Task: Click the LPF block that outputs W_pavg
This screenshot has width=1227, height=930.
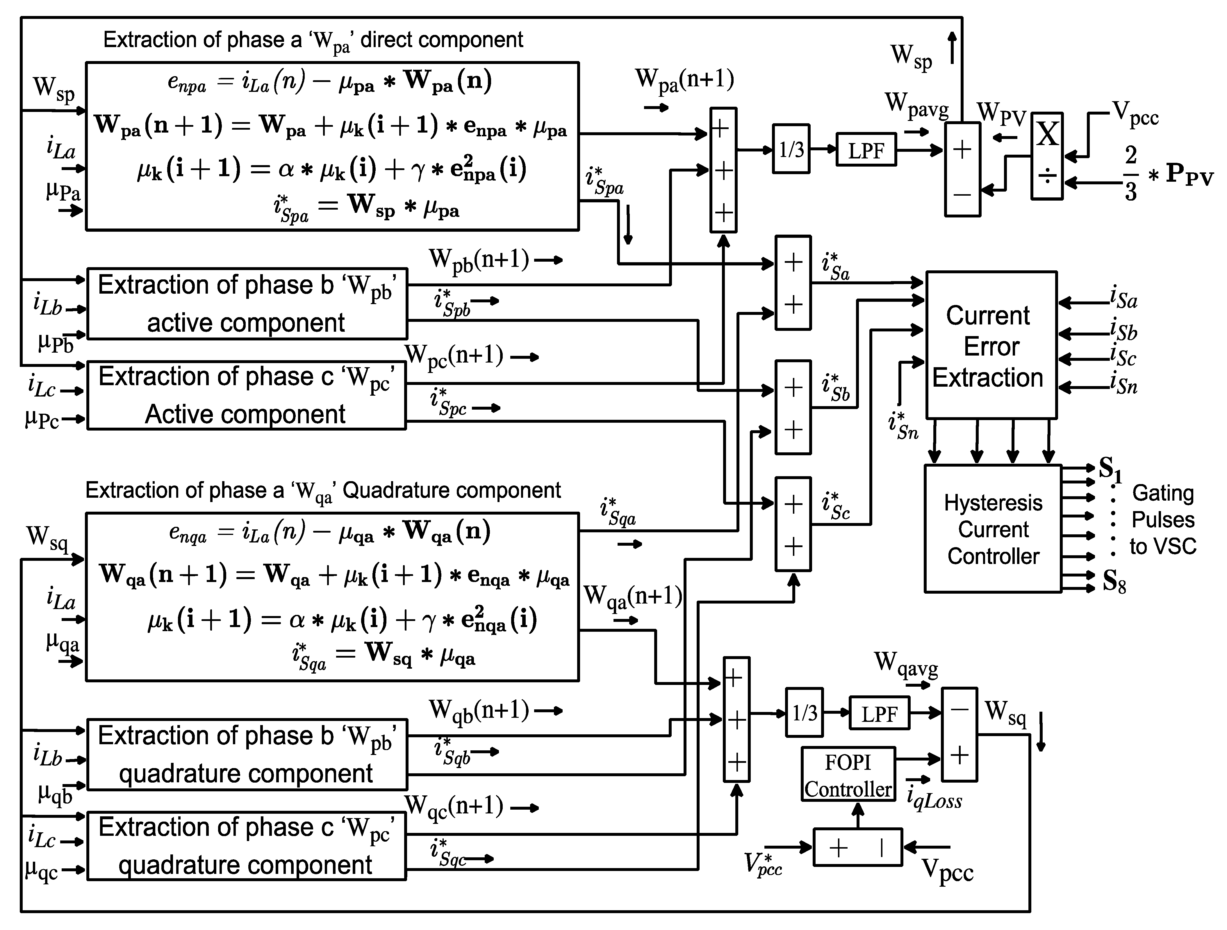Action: [866, 150]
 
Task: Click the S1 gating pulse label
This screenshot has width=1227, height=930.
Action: [1110, 469]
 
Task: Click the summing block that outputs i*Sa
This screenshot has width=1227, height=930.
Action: [793, 283]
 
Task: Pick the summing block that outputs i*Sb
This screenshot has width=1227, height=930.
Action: [793, 408]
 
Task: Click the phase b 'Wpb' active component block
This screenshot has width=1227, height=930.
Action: [247, 304]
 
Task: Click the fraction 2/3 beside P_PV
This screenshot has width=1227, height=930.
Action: [1130, 173]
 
